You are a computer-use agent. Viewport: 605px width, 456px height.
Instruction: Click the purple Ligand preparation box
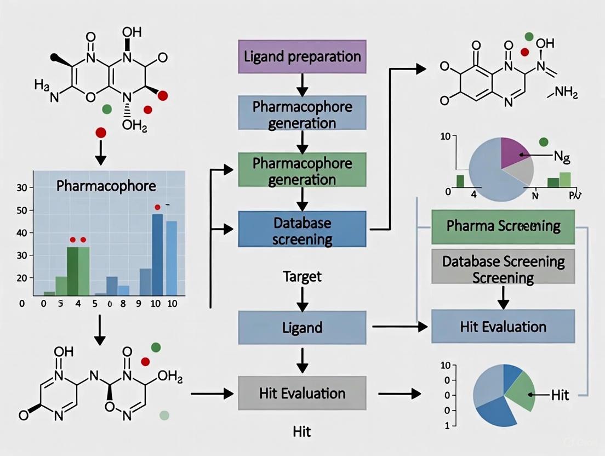point(302,56)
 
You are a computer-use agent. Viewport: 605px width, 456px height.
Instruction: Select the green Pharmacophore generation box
point(302,171)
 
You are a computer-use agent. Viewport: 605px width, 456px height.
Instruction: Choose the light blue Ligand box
point(302,328)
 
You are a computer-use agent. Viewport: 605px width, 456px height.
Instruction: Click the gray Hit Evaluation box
point(302,393)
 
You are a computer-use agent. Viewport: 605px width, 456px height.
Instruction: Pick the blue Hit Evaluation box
point(503,327)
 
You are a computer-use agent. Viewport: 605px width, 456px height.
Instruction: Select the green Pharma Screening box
point(503,226)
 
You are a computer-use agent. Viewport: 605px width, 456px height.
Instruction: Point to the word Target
point(302,276)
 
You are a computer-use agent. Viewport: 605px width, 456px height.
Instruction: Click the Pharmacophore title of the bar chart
point(106,186)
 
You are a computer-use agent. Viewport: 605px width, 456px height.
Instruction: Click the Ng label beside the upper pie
point(561,159)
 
